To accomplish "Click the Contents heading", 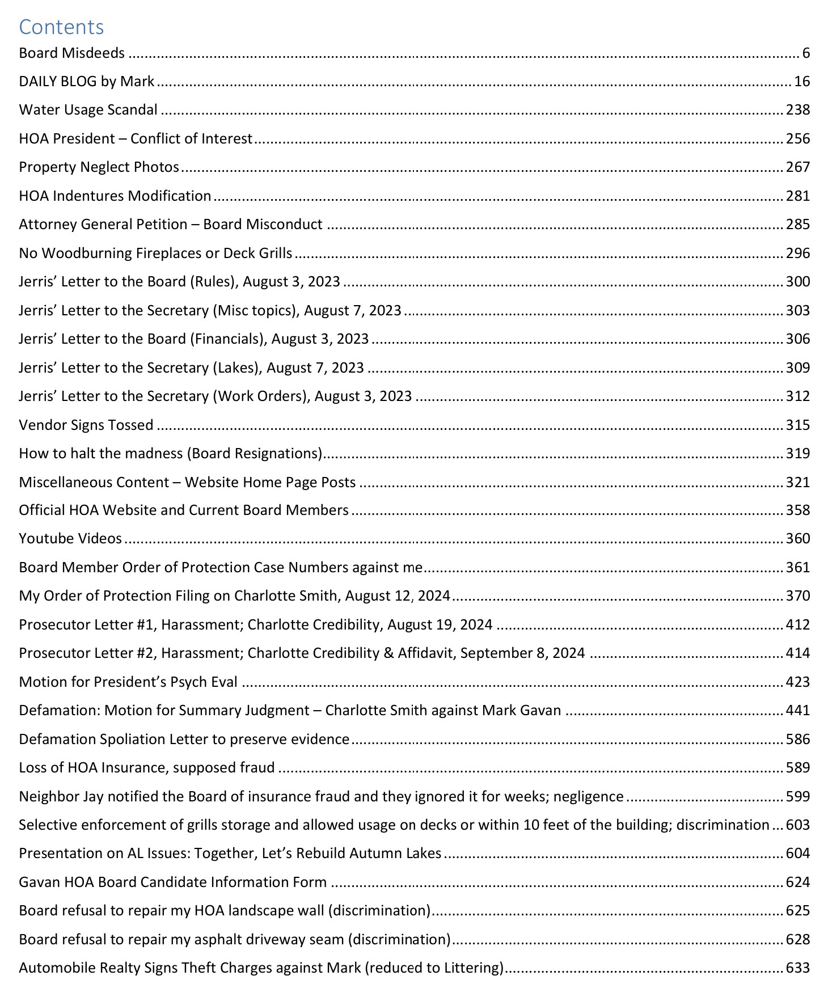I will (61, 27).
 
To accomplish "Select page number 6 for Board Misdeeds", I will (806, 53).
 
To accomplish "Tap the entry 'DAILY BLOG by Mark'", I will (86, 82).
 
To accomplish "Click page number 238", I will (797, 110).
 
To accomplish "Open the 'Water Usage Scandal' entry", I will (88, 110).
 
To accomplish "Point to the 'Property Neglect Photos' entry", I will (99, 167).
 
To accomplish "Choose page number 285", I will (797, 225).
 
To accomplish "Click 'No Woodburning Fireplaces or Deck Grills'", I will (155, 253).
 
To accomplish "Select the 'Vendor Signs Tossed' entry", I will (86, 425).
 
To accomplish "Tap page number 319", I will (797, 454).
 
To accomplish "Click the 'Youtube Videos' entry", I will (70, 539).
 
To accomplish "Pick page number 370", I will (797, 596).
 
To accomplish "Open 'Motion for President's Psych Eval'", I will (128, 682).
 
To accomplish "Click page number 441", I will (797, 711).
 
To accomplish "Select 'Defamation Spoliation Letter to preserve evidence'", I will (184, 740).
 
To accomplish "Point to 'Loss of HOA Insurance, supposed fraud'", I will (146, 768).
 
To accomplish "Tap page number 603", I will (797, 825).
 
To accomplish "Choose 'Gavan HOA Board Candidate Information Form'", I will (172, 882).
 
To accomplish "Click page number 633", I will (797, 968).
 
